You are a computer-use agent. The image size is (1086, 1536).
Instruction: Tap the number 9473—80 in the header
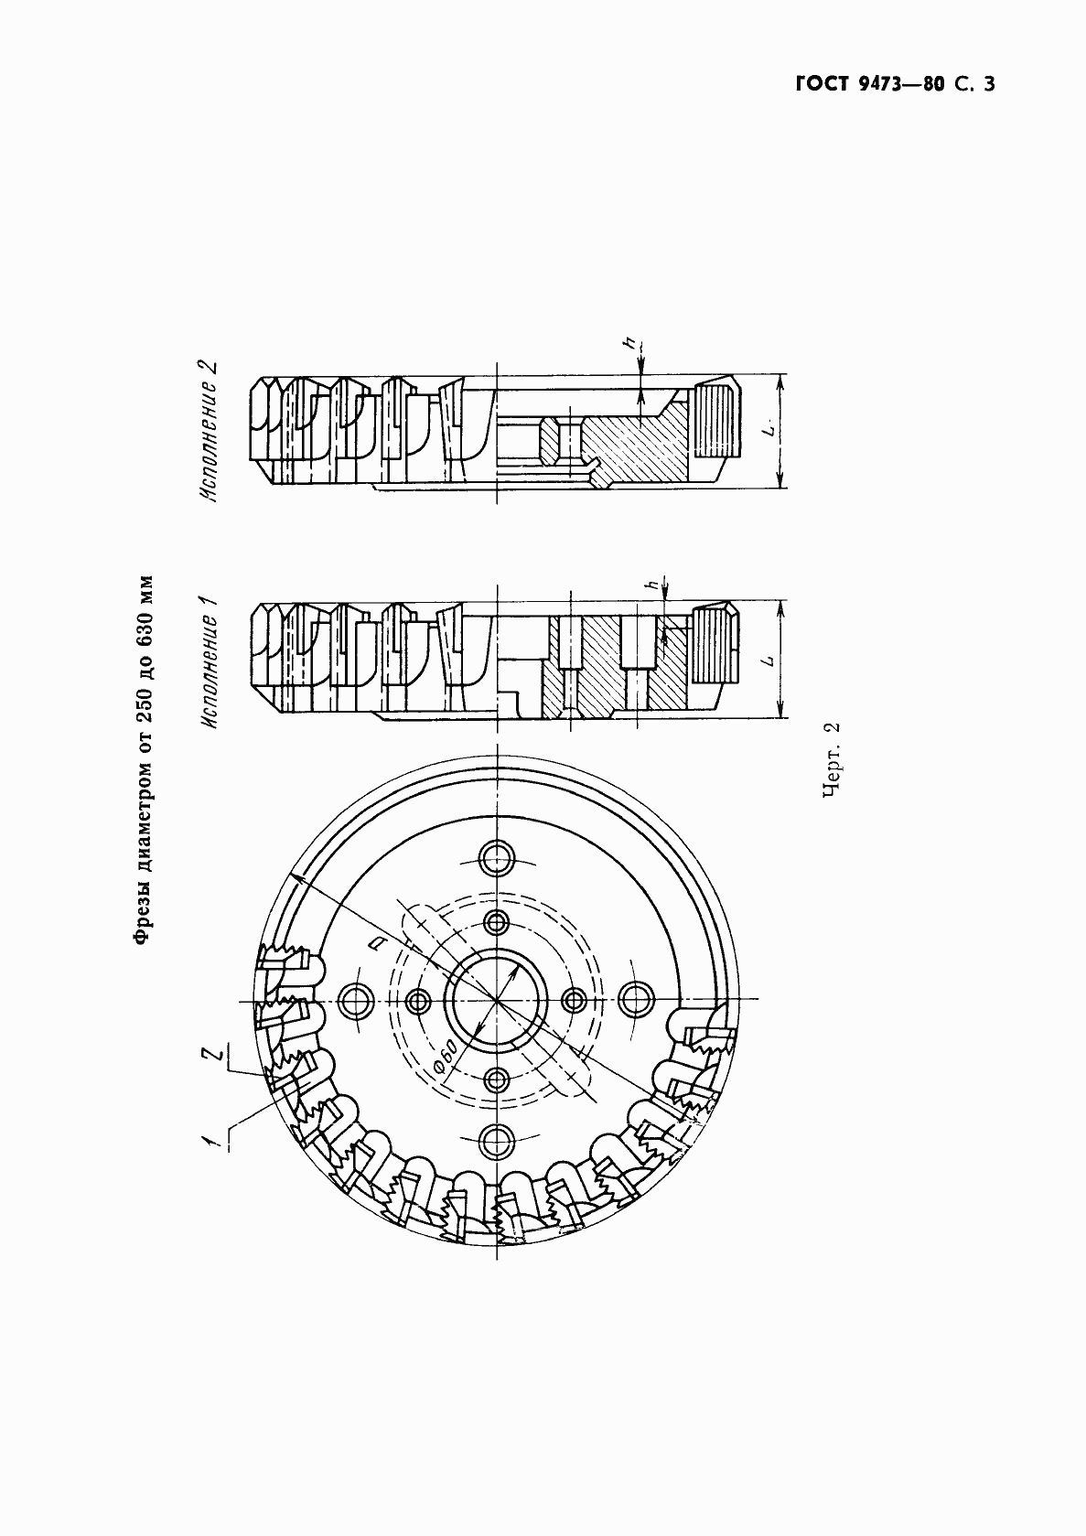(x=901, y=83)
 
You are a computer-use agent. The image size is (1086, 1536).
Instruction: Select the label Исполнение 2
(x=210, y=431)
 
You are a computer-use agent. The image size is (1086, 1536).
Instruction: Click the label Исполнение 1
(x=210, y=661)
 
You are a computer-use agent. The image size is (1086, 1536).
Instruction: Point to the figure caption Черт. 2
(x=831, y=760)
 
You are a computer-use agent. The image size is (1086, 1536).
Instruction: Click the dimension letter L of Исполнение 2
(x=770, y=429)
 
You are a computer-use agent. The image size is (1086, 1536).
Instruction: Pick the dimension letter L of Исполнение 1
(x=770, y=660)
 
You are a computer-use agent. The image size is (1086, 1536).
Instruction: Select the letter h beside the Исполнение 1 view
(x=655, y=585)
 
